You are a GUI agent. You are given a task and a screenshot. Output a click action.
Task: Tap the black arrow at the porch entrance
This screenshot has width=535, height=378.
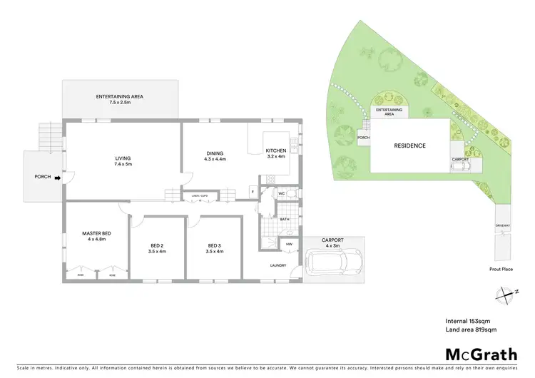[x=58, y=177]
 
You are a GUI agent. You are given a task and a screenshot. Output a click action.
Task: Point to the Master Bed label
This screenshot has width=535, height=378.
[x=94, y=235]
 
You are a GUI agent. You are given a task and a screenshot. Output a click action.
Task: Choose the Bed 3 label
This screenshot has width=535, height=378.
[x=215, y=247]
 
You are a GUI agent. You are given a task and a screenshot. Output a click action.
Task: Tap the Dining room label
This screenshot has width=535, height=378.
[x=215, y=155]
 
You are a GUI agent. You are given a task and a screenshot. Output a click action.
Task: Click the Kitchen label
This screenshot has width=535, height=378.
[x=275, y=153]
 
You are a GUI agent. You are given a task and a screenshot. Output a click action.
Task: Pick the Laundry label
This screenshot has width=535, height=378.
[x=278, y=266]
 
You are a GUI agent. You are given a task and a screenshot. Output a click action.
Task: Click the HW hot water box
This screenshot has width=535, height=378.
[x=290, y=245]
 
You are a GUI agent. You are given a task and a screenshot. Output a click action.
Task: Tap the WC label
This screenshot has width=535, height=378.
[x=282, y=193]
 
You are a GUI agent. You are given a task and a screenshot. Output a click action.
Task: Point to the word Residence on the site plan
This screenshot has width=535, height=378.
[x=409, y=145]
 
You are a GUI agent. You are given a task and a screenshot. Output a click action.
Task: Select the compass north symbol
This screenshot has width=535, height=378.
[x=505, y=292]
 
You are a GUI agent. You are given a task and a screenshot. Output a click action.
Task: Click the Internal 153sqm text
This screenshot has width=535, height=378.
[x=468, y=320]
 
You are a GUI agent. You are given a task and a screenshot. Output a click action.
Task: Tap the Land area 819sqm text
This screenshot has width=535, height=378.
[x=471, y=330]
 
